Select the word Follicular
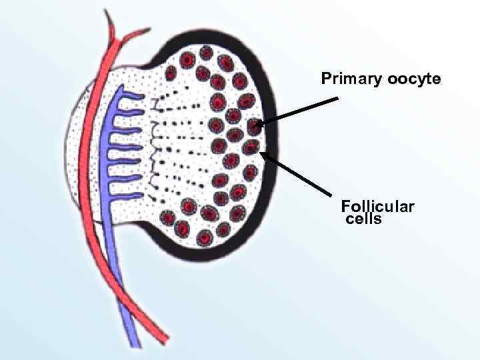(x=377, y=207)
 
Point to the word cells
(x=364, y=219)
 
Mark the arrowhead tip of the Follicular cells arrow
(x=260, y=153)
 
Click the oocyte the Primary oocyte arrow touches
(x=253, y=125)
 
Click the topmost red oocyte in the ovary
(x=206, y=52)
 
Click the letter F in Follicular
(x=345, y=207)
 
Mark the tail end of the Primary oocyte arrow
(x=338, y=99)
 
